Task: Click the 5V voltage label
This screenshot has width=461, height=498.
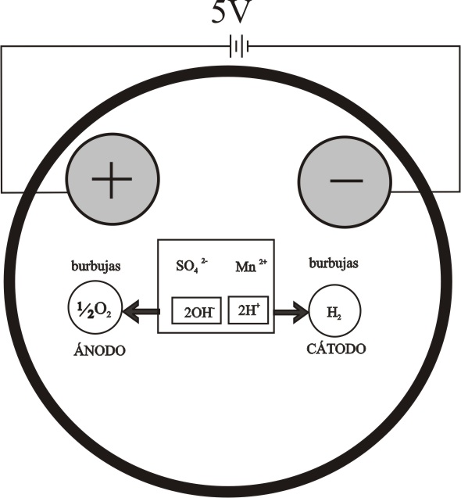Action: pyautogui.click(x=232, y=12)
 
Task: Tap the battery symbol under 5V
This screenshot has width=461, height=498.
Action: pyautogui.click(x=239, y=47)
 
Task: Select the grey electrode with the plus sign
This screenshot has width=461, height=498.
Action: pyautogui.click(x=113, y=180)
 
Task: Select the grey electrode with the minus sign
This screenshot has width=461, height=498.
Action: pyautogui.click(x=345, y=181)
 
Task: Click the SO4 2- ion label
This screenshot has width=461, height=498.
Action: pyautogui.click(x=191, y=266)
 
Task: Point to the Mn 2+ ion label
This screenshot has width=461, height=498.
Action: pyautogui.click(x=251, y=266)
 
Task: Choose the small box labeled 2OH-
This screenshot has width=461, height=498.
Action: pyautogui.click(x=197, y=310)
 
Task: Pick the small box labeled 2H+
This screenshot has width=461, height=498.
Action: pyautogui.click(x=248, y=310)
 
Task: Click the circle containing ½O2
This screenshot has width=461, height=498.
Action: pyautogui.click(x=95, y=307)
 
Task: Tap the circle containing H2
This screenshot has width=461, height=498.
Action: pyautogui.click(x=334, y=310)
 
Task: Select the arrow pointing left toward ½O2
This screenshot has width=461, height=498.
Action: pyautogui.click(x=141, y=312)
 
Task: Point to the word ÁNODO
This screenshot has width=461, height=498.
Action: pyautogui.click(x=99, y=350)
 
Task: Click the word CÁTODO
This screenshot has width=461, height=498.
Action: pyautogui.click(x=336, y=349)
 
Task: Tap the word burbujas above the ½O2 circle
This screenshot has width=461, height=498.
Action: pyautogui.click(x=96, y=266)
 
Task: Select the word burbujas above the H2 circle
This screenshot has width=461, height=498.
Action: pyautogui.click(x=334, y=263)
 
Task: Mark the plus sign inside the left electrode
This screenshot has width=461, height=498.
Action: pyautogui.click(x=112, y=180)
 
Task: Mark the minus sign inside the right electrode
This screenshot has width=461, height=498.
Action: pyautogui.click(x=346, y=181)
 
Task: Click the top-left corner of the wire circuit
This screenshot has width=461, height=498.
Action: pyautogui.click(x=2, y=47)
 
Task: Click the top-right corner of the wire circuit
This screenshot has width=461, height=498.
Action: pyautogui.click(x=459, y=47)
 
